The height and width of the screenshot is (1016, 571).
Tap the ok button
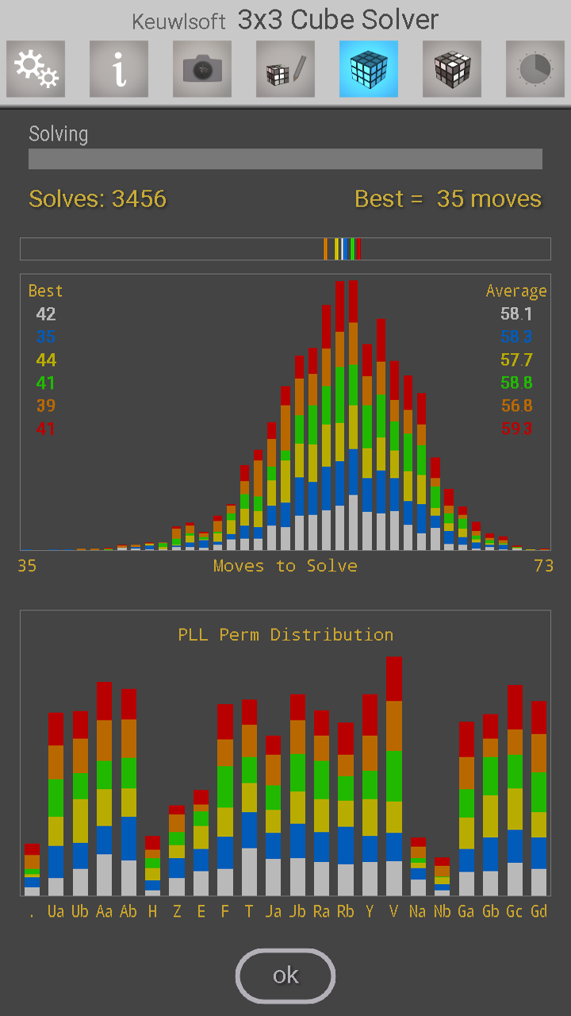(x=285, y=976)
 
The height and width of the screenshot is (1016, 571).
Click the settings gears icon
(x=36, y=69)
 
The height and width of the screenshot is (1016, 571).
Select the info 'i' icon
(x=119, y=69)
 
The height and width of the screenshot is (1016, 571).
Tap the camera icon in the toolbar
(x=202, y=69)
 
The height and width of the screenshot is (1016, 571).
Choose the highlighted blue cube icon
(x=369, y=69)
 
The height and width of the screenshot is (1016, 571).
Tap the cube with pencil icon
(x=285, y=69)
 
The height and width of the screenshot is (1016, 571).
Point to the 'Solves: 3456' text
(x=98, y=198)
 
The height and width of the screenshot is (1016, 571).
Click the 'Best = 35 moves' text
(x=448, y=198)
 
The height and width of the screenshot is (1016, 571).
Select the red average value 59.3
(x=516, y=429)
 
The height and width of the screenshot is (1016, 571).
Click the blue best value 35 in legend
(x=46, y=337)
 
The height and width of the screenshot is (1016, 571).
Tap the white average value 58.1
(x=516, y=314)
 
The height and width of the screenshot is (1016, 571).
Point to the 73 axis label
(x=543, y=566)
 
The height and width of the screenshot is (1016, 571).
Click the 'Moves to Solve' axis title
(x=285, y=566)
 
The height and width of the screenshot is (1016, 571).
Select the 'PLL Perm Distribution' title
(x=285, y=635)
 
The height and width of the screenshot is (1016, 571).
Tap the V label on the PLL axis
(x=394, y=911)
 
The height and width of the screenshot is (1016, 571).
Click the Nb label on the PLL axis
(x=442, y=911)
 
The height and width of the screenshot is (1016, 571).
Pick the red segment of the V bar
(x=394, y=679)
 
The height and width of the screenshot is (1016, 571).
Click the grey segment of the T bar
(x=249, y=872)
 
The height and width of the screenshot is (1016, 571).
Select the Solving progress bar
(x=285, y=159)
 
